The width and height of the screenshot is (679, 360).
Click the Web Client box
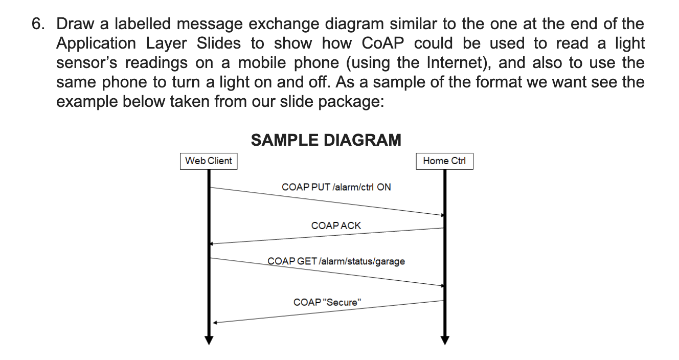pyautogui.click(x=209, y=161)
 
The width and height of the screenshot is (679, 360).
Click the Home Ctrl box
pyautogui.click(x=444, y=161)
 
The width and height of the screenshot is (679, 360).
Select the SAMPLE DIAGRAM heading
pyautogui.click(x=326, y=140)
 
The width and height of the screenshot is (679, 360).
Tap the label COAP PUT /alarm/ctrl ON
pyautogui.click(x=336, y=187)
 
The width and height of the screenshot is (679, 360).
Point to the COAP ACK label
pyautogui.click(x=336, y=226)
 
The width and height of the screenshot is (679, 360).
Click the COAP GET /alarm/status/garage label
pyautogui.click(x=336, y=261)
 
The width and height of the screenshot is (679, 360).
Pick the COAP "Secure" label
pyautogui.click(x=327, y=302)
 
